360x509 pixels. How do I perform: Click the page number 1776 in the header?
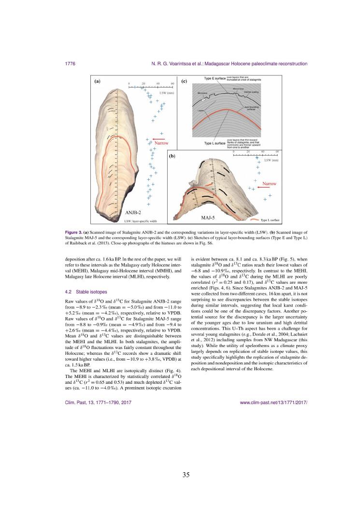pos(69,64)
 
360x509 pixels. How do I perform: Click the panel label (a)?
pos(97,82)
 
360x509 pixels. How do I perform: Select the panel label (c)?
pos(184,82)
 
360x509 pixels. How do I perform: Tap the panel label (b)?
pos(172,157)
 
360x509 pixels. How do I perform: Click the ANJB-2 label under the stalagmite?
pos(133,212)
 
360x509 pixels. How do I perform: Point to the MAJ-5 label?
pos(208,218)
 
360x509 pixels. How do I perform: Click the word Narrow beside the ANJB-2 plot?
pos(161,144)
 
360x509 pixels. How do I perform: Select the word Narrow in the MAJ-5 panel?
pos(269,184)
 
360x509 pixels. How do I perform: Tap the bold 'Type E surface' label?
pos(215,78)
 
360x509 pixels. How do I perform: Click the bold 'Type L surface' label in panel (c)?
pos(215,143)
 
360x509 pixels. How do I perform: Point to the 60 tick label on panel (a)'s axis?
pos(173,84)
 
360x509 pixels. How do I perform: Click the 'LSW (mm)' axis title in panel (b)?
pos(271,160)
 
